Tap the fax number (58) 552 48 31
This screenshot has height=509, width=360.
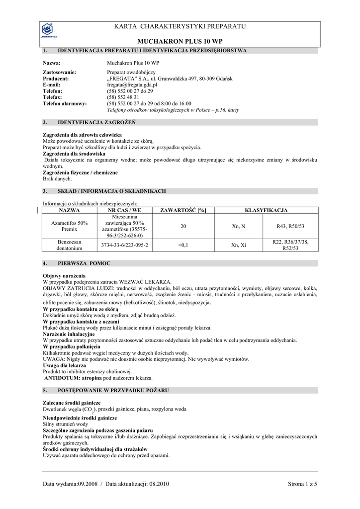click(x=123, y=97)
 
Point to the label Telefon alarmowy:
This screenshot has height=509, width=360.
click(x=65, y=103)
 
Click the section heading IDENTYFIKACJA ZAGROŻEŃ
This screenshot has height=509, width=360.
click(x=96, y=122)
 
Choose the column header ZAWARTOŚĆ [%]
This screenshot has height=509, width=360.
click(x=183, y=211)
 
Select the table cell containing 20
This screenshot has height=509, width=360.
click(x=183, y=226)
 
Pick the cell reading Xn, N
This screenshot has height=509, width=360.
click(x=239, y=226)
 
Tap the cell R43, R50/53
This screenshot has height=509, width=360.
click(x=290, y=226)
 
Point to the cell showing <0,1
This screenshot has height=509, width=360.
click(x=183, y=245)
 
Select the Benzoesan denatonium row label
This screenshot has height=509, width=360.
click(x=70, y=245)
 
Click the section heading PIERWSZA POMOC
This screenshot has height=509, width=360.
click(x=84, y=263)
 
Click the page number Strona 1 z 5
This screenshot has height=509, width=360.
click(x=302, y=484)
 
